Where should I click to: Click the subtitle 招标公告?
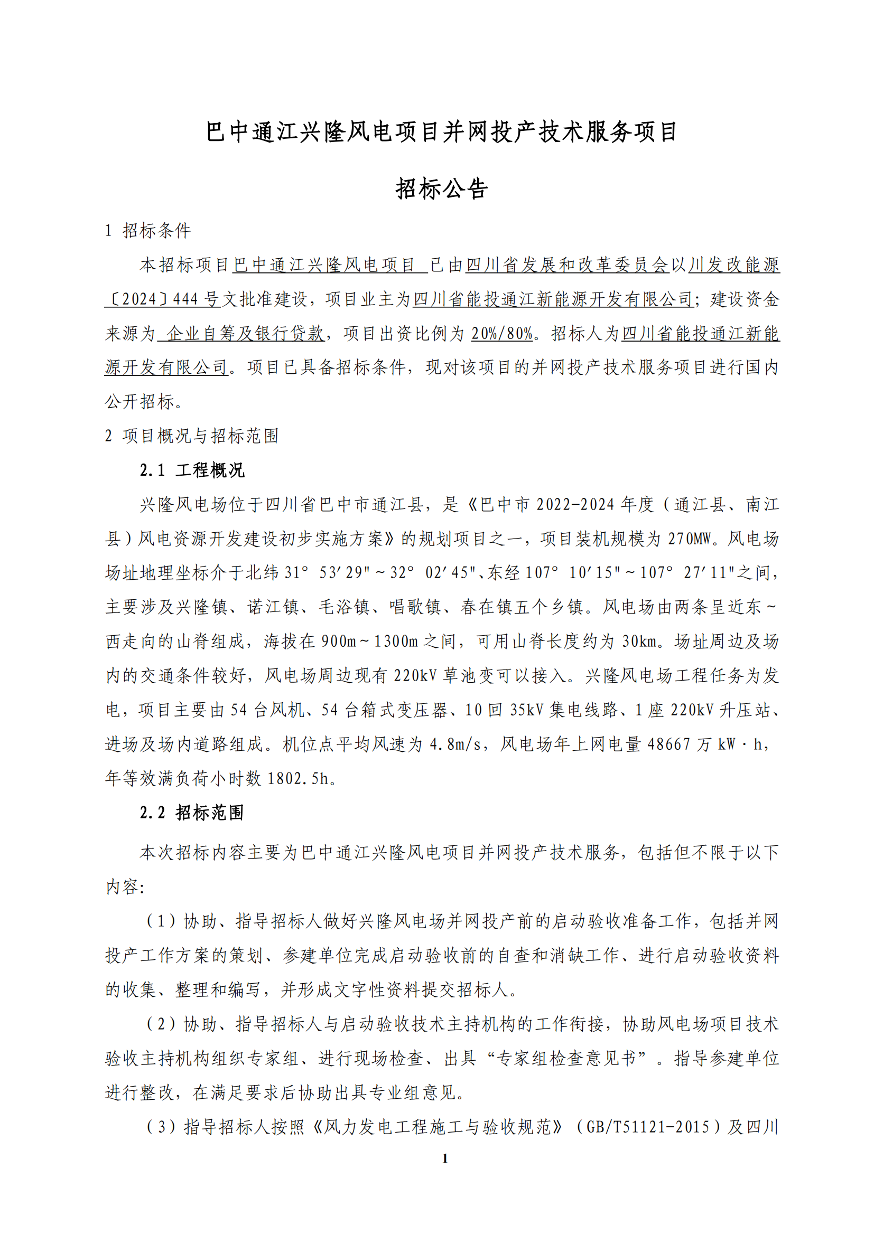pyautogui.click(x=441, y=189)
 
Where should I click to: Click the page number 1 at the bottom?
pyautogui.click(x=444, y=1158)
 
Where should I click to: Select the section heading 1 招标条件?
pyautogui.click(x=148, y=231)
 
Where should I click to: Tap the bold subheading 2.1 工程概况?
pyautogui.click(x=192, y=470)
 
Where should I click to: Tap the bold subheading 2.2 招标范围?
pyautogui.click(x=192, y=812)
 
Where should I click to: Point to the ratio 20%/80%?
pyautogui.click(x=502, y=334)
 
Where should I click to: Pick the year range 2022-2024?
pyautogui.click(x=575, y=505)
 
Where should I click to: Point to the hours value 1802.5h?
pyautogui.click(x=297, y=778)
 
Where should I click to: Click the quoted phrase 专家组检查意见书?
pyautogui.click(x=566, y=1058)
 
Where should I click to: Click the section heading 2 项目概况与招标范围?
pyautogui.click(x=192, y=436)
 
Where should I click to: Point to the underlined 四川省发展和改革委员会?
pyautogui.click(x=567, y=265)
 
